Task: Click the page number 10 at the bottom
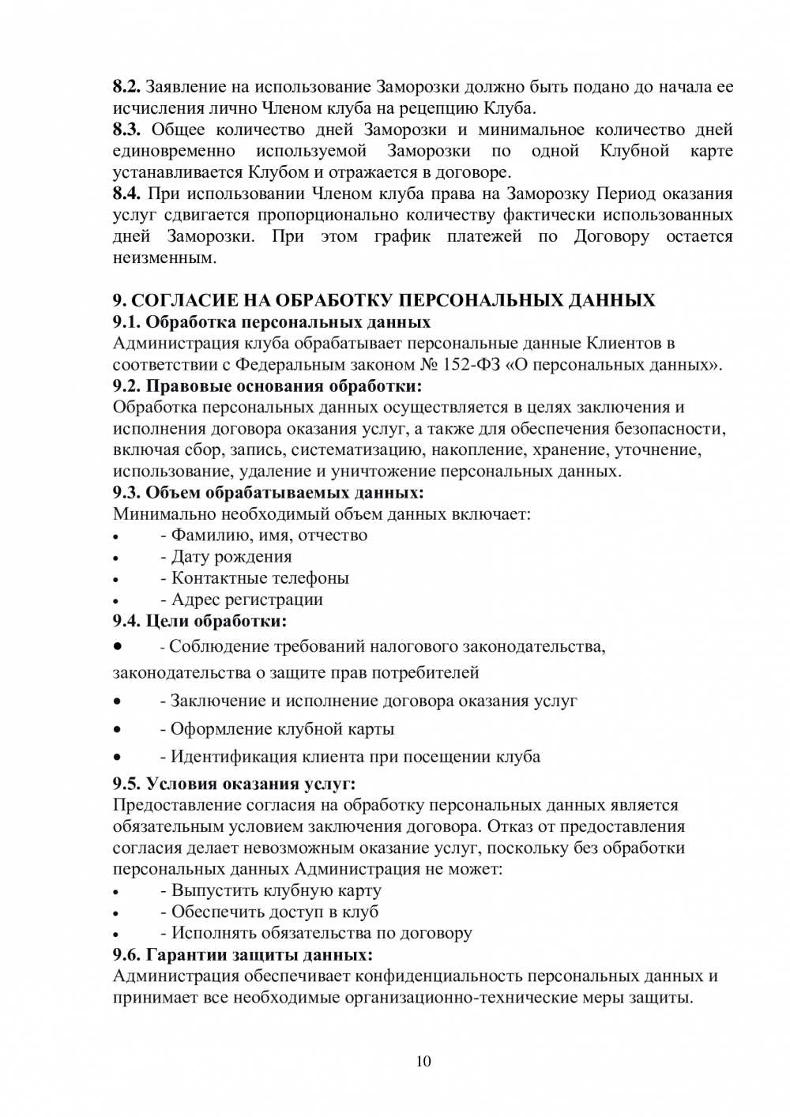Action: click(x=423, y=1061)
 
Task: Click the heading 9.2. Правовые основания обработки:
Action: click(x=268, y=386)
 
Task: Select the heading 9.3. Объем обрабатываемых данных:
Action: click(x=269, y=493)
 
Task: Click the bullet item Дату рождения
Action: click(x=231, y=557)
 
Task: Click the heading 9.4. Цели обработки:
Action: click(x=200, y=621)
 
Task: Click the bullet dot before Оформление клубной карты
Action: click(x=117, y=729)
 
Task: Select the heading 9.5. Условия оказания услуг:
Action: click(x=235, y=784)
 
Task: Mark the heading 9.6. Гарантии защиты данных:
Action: click(x=243, y=954)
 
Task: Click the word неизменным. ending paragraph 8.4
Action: click(x=164, y=258)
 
